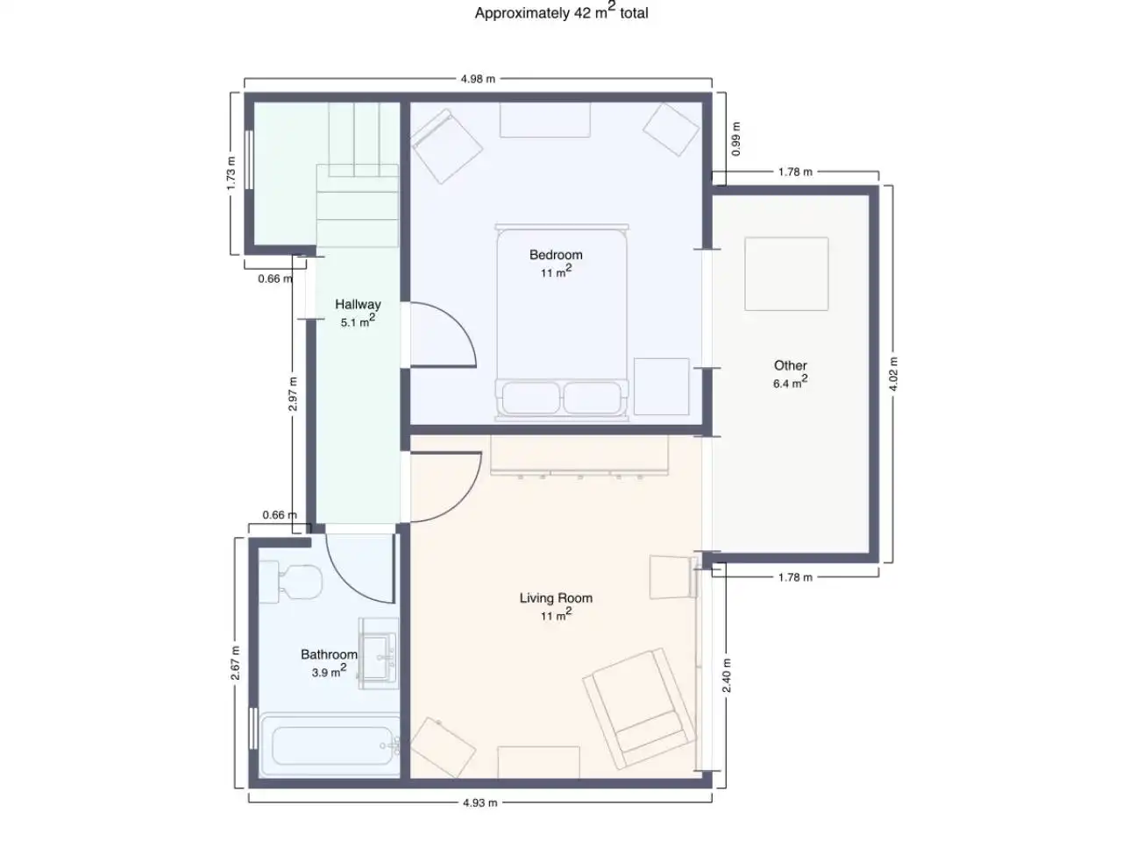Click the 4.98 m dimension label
pos(478,79)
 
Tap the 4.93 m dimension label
pos(479,802)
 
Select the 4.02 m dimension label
pos(893,374)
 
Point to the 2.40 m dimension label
pos(727,675)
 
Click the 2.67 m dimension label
pos(235,663)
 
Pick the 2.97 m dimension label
pos(293,393)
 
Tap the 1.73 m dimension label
pos(231,173)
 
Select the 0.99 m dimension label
pos(735,139)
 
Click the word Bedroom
pos(556,254)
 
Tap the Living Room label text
pos(556,597)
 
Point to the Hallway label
pos(358,304)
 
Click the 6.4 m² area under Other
pos(791,382)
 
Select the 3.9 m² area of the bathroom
pos(330,670)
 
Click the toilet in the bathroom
pos(290,582)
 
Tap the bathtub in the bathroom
pos(330,746)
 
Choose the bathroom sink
pos(379,654)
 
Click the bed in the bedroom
pos(562,322)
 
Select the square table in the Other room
pos(786,273)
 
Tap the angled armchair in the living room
pos(640,709)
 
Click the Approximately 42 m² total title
pos(561,11)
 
